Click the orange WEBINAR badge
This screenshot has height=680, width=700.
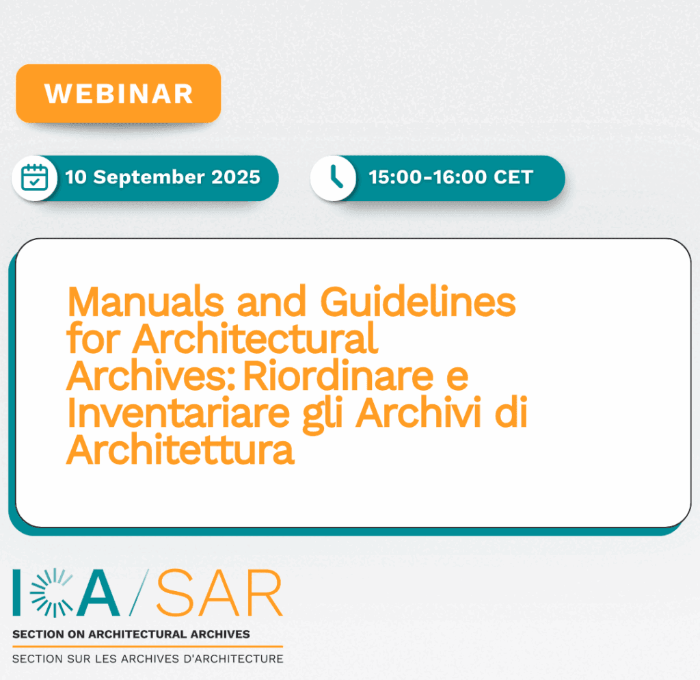pyautogui.click(x=118, y=94)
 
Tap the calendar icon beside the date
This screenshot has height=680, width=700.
pyautogui.click(x=35, y=177)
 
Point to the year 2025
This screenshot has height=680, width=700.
pyautogui.click(x=236, y=177)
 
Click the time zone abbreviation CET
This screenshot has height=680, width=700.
pyautogui.click(x=513, y=177)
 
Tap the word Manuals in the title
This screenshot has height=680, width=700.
pyautogui.click(x=146, y=302)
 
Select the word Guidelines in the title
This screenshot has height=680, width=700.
pyautogui.click(x=418, y=302)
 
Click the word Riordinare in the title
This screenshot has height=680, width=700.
pyautogui.click(x=338, y=376)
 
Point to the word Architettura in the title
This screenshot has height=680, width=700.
pyautogui.click(x=180, y=449)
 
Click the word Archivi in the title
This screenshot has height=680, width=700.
pyautogui.click(x=419, y=413)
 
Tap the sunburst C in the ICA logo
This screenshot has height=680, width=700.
pyautogui.click(x=51, y=592)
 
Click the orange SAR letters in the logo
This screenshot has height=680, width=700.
pyautogui.click(x=219, y=593)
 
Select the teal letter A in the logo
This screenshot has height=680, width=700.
pyautogui.click(x=98, y=593)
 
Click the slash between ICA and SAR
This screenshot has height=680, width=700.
pyautogui.click(x=139, y=592)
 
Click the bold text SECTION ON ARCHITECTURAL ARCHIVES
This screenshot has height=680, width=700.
pyautogui.click(x=131, y=634)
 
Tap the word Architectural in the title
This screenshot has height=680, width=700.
pyautogui.click(x=255, y=339)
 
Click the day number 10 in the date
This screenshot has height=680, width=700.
pyautogui.click(x=75, y=177)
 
